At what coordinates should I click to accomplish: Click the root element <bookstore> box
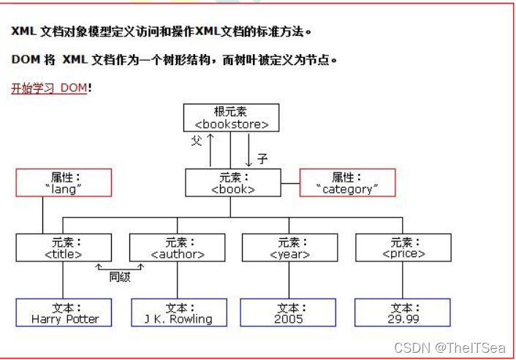point(231,118)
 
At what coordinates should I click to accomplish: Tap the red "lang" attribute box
point(64,183)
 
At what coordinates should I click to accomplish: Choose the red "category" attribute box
point(347,183)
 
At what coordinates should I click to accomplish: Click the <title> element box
point(64,248)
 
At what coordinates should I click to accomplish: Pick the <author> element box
point(177,248)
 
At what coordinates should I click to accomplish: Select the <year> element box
point(289,248)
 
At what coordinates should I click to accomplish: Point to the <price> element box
point(403,248)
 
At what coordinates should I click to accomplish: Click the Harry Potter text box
point(64,313)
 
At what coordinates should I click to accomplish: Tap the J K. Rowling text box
point(178,313)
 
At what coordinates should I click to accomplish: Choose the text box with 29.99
point(403,313)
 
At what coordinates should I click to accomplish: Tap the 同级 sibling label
point(120,276)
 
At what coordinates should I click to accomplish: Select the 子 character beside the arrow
point(262,158)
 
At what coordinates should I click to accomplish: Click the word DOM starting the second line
point(26,59)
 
